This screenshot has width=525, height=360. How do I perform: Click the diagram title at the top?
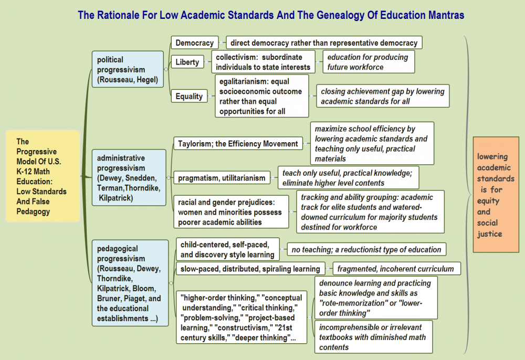point(271,15)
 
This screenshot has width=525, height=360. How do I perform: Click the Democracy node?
point(194,43)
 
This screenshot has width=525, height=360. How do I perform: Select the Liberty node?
point(187,62)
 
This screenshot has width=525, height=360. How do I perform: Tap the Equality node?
point(189,96)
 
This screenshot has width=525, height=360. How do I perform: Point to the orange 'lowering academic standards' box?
point(496,195)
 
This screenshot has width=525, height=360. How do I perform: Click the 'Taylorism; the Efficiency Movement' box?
point(238,143)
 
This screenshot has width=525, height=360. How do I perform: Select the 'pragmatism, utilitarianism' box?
point(222,178)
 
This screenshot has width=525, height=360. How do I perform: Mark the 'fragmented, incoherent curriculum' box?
point(395,269)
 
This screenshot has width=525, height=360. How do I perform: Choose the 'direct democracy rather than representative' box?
point(324,43)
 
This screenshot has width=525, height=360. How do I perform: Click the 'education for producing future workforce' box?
point(369,62)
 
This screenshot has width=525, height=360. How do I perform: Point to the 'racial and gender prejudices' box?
point(231,211)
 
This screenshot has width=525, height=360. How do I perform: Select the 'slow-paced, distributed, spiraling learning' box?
point(250,269)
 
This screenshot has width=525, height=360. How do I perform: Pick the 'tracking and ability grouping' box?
point(370,212)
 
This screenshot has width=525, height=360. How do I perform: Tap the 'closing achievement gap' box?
point(383,96)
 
